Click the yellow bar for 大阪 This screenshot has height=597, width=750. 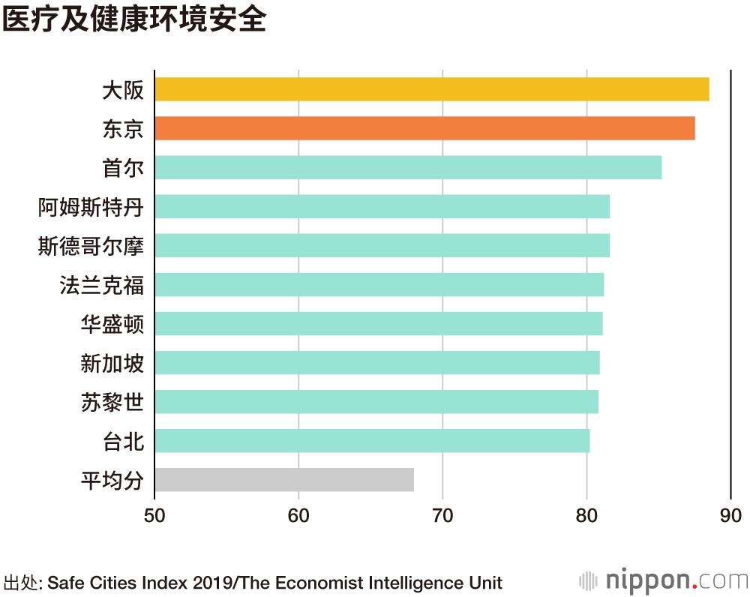[431, 89]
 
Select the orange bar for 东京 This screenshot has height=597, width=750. [424, 128]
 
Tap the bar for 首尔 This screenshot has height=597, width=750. [408, 167]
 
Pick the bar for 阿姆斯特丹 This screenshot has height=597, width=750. [382, 206]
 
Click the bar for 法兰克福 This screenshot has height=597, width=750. [379, 284]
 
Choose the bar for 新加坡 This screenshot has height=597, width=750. [377, 363]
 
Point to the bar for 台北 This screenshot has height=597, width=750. [372, 441]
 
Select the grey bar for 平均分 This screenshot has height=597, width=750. [284, 480]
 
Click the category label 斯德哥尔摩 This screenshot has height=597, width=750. [91, 246]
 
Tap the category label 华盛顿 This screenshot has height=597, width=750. [112, 324]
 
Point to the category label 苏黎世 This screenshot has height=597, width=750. [112, 402]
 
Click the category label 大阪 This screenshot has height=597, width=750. [122, 90]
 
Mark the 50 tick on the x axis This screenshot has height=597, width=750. [154, 515]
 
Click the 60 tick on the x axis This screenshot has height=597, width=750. [298, 515]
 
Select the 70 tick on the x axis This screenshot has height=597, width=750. [442, 515]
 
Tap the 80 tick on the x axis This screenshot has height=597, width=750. [586, 515]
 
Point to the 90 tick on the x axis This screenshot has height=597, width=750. [730, 515]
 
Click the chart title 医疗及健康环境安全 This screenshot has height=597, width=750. [134, 21]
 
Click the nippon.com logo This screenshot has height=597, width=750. [664, 580]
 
